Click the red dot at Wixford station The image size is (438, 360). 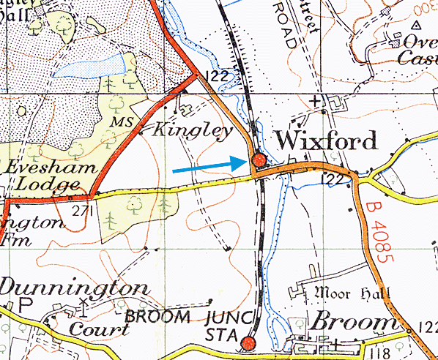point(258,160)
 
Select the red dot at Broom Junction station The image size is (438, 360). point(249,343)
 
